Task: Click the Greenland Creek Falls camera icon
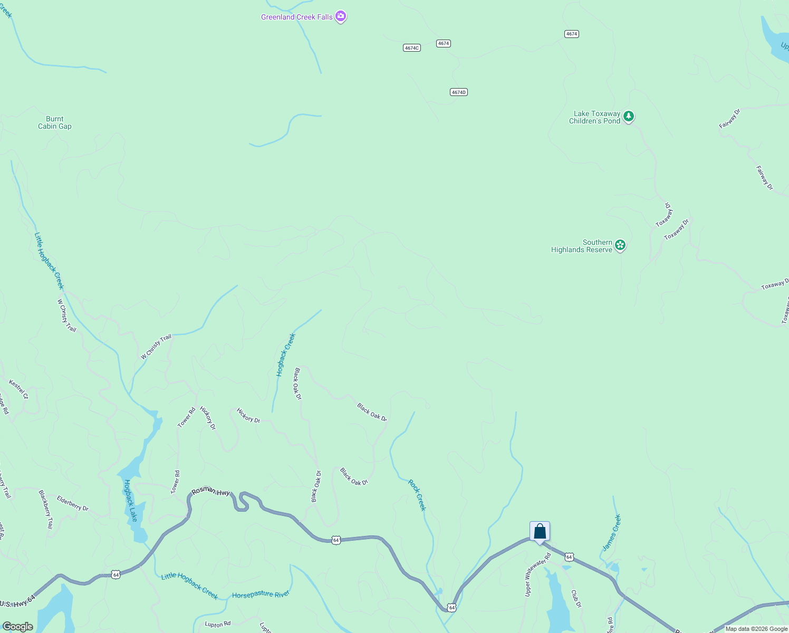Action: (x=341, y=17)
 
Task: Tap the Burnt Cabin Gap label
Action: (x=55, y=123)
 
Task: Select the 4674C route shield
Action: (x=411, y=48)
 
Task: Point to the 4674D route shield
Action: (x=459, y=92)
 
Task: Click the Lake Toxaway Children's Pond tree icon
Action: (x=628, y=117)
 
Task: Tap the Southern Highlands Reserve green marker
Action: (x=620, y=245)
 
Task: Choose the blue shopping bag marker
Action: (x=540, y=531)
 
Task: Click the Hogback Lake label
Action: (x=130, y=501)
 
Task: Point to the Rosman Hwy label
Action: (x=210, y=491)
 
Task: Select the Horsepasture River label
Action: (x=261, y=594)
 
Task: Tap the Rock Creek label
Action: (x=417, y=495)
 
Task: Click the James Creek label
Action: (x=612, y=533)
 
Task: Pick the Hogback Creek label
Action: (x=286, y=355)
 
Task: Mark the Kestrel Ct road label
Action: (x=18, y=389)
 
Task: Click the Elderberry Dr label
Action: (x=73, y=503)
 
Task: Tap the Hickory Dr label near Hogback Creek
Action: (x=248, y=416)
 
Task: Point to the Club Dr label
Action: (x=576, y=598)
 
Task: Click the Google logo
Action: (x=17, y=627)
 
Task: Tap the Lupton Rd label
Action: (x=218, y=624)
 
